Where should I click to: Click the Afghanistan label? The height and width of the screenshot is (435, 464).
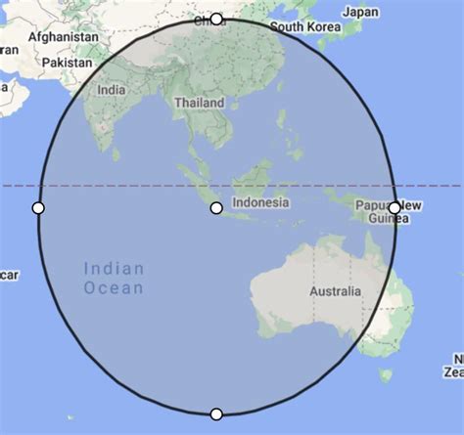[x=64, y=36]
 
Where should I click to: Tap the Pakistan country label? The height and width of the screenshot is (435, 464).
[x=66, y=62]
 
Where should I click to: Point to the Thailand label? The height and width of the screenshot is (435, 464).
[x=199, y=102]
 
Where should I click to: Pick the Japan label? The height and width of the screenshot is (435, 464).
[x=361, y=12]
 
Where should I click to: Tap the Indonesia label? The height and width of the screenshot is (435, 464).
[x=260, y=202]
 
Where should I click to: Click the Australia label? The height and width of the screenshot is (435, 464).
[x=335, y=291]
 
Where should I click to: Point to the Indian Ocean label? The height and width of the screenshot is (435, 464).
[x=114, y=278]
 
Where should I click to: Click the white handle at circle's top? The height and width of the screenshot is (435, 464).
[x=216, y=19]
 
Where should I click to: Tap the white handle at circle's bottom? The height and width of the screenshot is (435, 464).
[x=216, y=413]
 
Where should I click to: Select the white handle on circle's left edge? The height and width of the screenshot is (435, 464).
[x=38, y=207]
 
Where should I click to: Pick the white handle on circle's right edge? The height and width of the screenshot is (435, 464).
[x=394, y=207]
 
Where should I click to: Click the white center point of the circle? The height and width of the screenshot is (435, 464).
[x=216, y=207]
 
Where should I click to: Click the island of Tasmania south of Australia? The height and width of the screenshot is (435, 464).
[x=386, y=374]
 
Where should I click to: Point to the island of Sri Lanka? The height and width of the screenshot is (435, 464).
[x=116, y=153]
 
